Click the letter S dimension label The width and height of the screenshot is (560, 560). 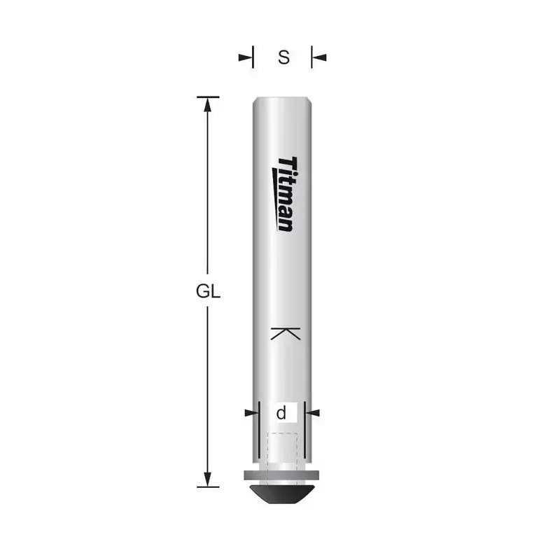[283, 57]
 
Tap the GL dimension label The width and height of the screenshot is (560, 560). [208, 291]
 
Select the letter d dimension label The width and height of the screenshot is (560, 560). [281, 413]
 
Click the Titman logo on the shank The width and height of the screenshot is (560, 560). [285, 194]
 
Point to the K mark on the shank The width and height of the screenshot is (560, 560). [286, 333]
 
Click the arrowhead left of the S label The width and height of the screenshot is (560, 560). [246, 57]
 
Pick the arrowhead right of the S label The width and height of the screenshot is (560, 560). [319, 57]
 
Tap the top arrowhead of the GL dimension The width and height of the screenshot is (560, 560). [207, 104]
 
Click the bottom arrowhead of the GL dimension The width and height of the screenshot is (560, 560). [207, 479]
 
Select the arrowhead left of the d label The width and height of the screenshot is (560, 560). [251, 413]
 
